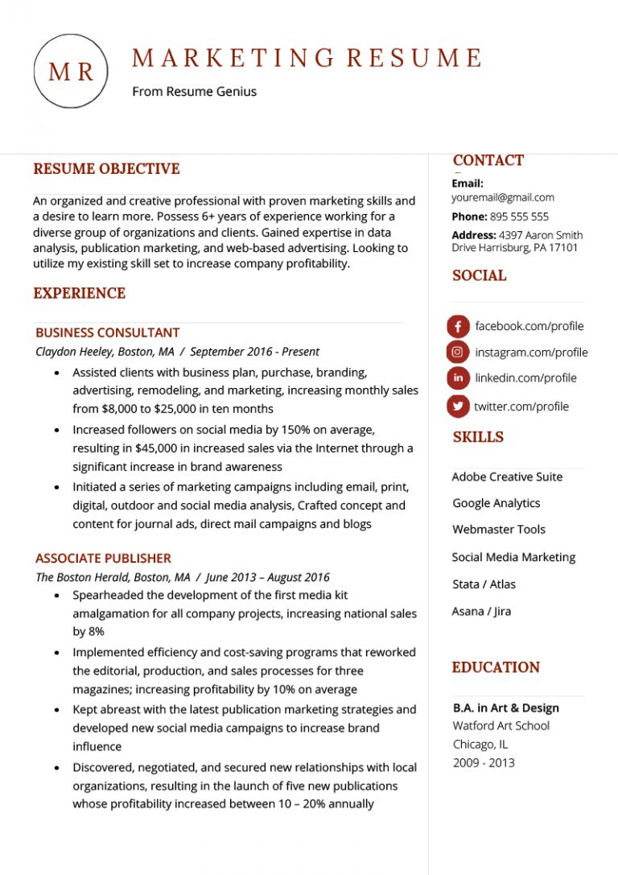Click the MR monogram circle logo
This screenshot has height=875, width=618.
click(71, 72)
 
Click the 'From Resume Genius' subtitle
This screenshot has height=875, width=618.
click(194, 92)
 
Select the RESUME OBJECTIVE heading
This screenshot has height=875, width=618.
click(106, 169)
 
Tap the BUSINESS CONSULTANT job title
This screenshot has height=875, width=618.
click(108, 332)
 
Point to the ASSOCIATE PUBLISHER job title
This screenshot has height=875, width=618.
click(103, 558)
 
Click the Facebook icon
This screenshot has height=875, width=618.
click(458, 327)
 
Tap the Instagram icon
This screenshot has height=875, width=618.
click(458, 352)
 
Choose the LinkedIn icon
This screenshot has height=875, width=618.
click(458, 378)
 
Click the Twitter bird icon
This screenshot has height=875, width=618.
click(458, 407)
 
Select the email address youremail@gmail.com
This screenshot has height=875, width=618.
click(503, 197)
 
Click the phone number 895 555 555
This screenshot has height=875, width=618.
click(519, 217)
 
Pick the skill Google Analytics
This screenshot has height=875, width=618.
click(496, 503)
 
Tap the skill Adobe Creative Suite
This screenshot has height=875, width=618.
click(507, 477)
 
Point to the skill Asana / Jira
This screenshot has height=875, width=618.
click(481, 611)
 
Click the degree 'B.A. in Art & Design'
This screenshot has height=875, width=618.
click(505, 708)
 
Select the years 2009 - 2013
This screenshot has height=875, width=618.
click(484, 762)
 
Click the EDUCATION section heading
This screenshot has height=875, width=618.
click(496, 667)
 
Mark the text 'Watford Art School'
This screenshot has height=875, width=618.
click(501, 725)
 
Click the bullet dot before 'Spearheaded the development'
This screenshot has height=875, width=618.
click(56, 595)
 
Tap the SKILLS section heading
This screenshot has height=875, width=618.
click(478, 437)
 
